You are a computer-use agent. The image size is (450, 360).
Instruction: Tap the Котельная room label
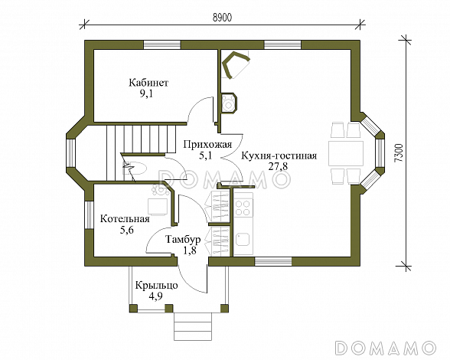click(125, 218)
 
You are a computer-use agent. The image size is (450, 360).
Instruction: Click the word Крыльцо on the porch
click(156, 285)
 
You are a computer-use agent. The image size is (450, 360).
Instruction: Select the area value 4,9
click(156, 297)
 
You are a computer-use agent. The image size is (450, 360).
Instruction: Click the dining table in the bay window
click(345, 152)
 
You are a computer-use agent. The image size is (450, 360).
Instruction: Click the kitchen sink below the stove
click(244, 238)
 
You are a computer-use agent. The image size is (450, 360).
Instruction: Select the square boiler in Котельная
click(159, 205)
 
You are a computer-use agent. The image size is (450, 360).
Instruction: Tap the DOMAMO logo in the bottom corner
click(390, 345)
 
